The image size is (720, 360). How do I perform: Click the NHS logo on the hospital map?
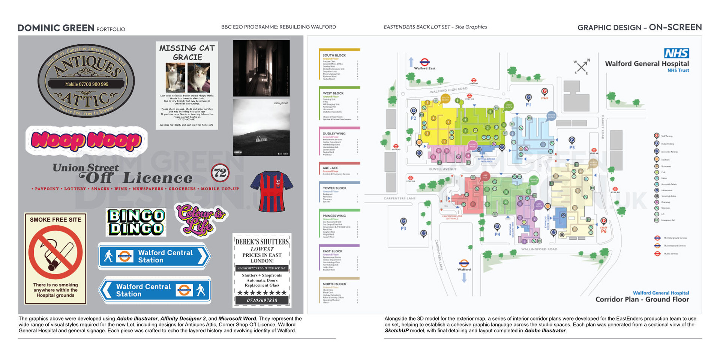pos(676,53)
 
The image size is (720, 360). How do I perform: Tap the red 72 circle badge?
pos(220,173)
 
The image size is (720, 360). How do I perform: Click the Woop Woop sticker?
pos(86,141)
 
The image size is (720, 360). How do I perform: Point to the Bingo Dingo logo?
pos(136,222)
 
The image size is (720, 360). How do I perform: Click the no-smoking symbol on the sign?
pos(55,252)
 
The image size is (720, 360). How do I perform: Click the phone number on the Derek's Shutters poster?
pos(262,300)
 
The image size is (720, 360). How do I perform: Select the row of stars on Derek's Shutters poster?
pos(262,292)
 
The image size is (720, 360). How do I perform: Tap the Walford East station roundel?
pos(424,62)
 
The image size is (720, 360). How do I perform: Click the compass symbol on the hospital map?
pos(582,67)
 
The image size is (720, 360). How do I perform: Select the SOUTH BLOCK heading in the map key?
pos(334,55)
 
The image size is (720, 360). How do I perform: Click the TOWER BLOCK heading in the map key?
pos(334,188)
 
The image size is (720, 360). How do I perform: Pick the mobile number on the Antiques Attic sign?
pos(87,84)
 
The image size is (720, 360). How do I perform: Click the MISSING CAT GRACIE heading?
pos(187,52)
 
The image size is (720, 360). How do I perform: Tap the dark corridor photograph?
pos(261,68)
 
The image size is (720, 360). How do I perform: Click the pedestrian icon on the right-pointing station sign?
pos(108,256)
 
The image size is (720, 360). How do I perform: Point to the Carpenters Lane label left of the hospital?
pos(399,198)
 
